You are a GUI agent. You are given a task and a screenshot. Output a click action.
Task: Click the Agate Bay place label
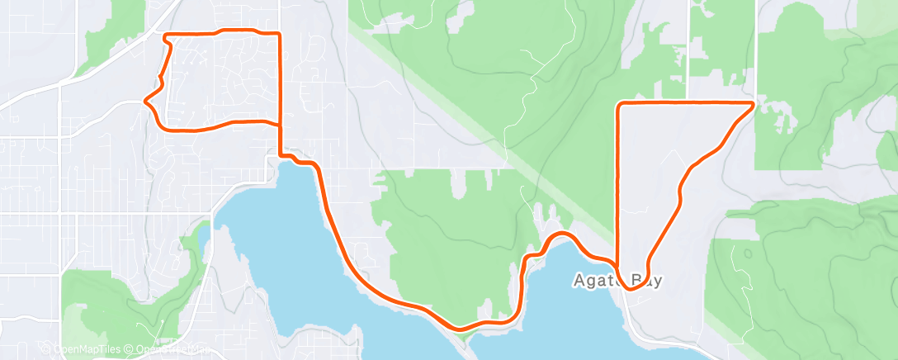pos(617,280)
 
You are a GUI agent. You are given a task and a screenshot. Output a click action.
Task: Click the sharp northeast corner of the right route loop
pos(754,103)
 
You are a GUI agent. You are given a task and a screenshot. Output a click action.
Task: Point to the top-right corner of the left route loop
pos(280,34)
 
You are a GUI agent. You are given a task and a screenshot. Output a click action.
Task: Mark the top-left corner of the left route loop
pos(166,36)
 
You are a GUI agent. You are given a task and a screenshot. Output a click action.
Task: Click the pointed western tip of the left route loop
pos(145,101)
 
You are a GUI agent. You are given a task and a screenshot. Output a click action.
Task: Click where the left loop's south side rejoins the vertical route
pos(280,126)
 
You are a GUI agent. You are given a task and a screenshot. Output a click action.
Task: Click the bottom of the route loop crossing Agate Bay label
pos(634,289)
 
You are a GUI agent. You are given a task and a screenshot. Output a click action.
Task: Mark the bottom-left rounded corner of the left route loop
pos(161,126)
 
